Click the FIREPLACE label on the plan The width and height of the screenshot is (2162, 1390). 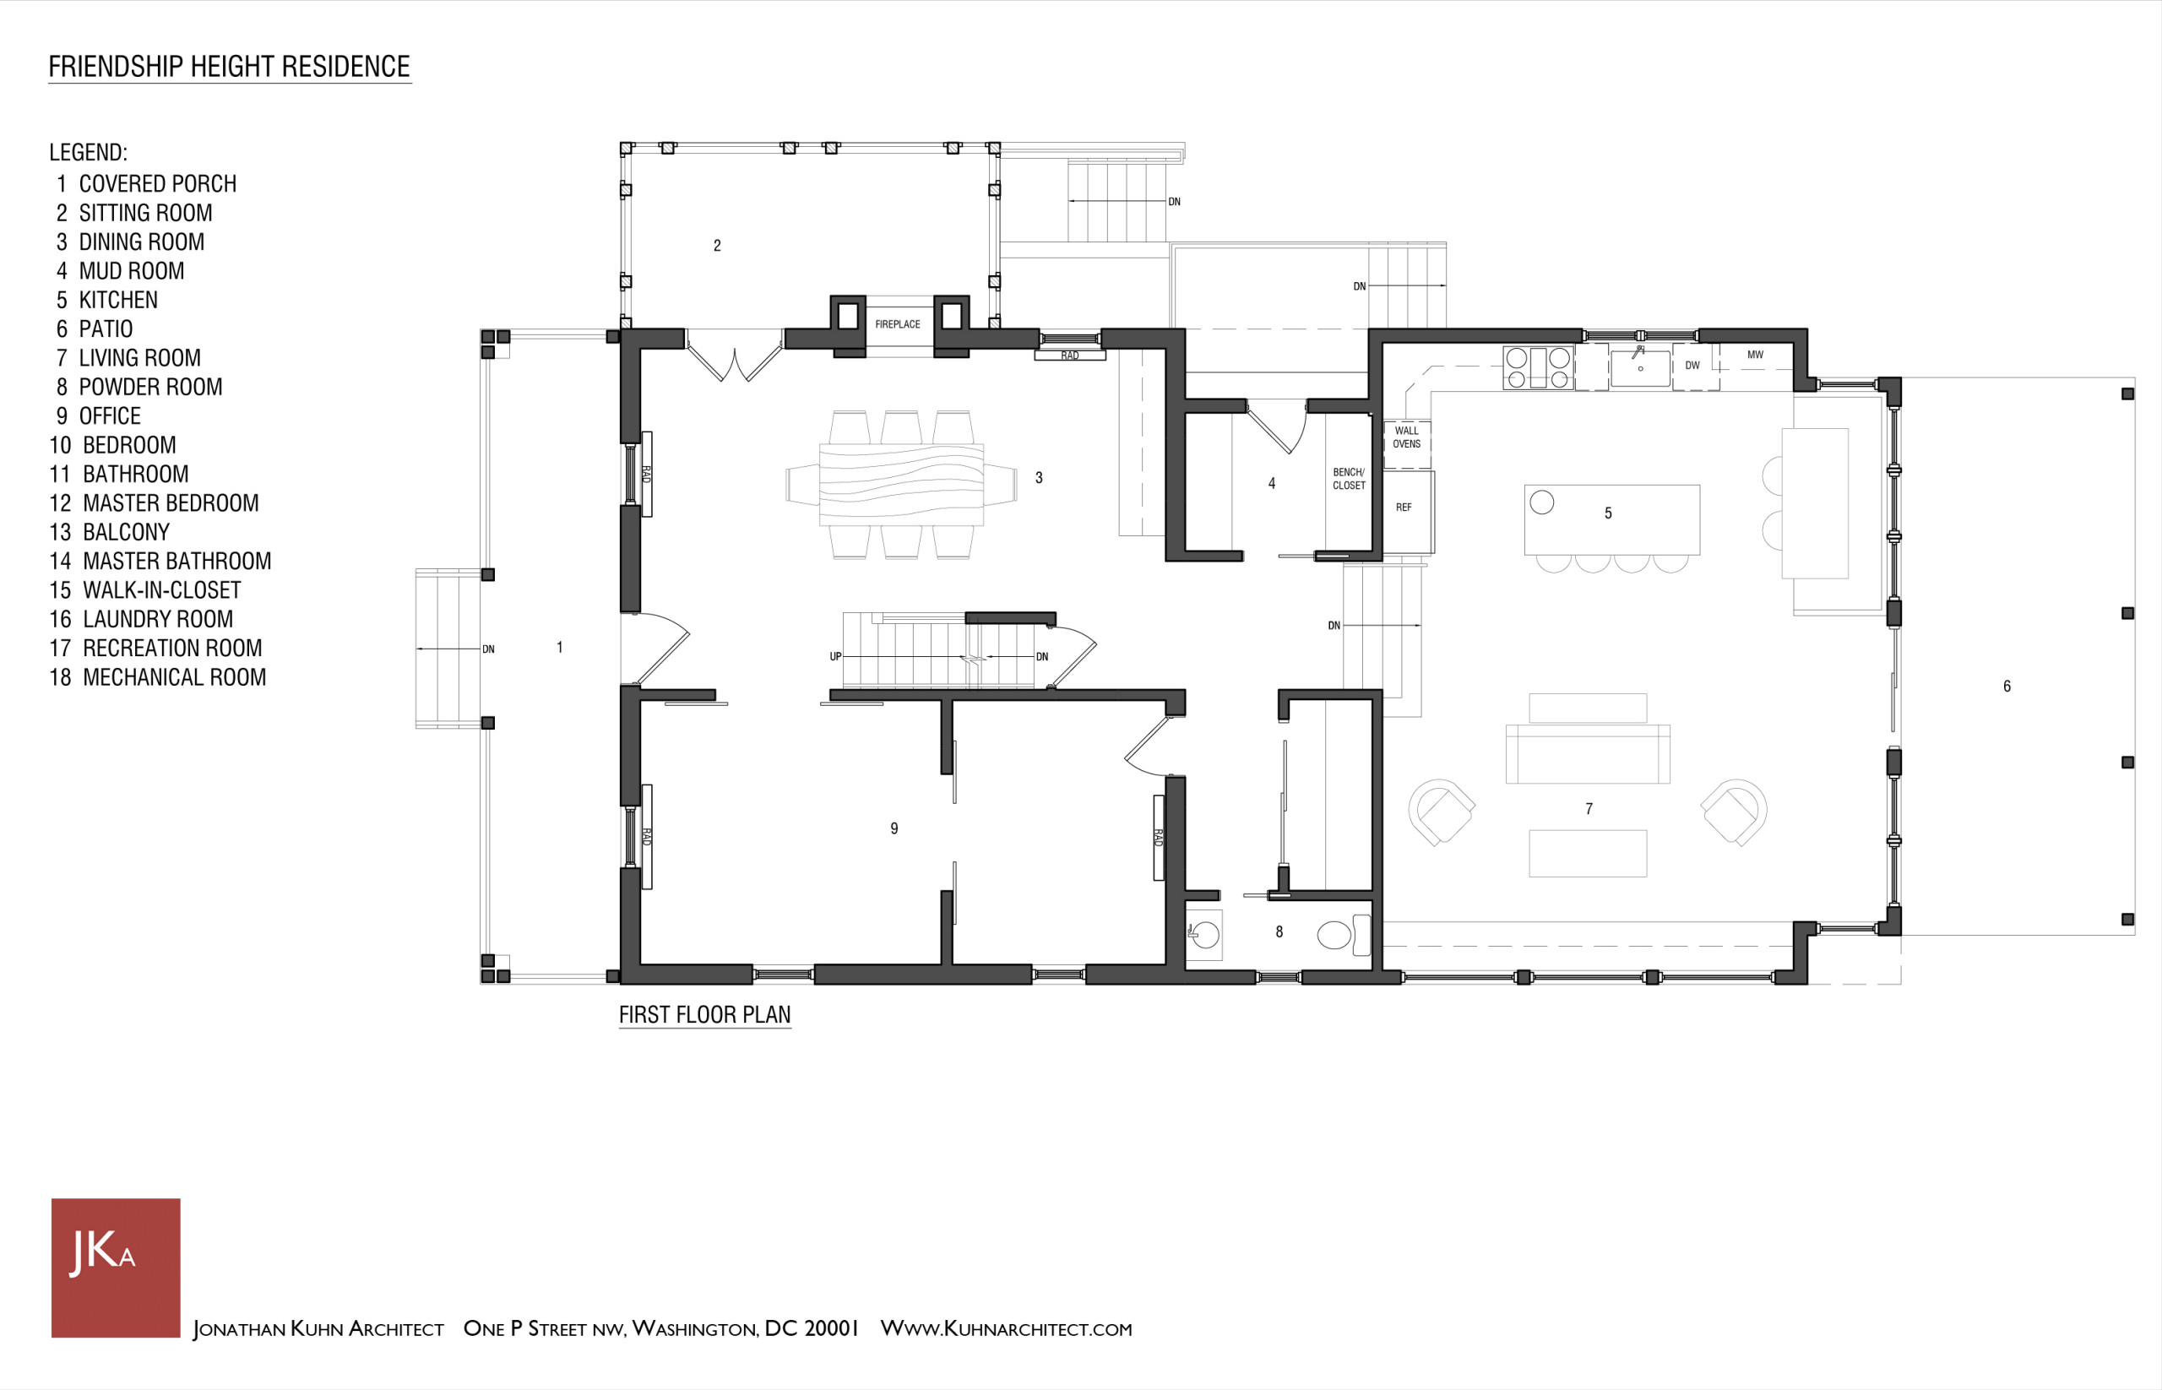[897, 324]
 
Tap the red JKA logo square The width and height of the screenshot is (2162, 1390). [116, 1268]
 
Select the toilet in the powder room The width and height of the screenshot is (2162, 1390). [1344, 935]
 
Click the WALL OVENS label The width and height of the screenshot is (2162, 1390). [1406, 437]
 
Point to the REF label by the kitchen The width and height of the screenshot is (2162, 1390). [1404, 508]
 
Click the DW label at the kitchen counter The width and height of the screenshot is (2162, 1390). [1692, 366]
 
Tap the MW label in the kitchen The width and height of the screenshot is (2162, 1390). [1755, 355]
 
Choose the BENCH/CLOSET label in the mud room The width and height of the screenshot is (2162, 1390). [1349, 478]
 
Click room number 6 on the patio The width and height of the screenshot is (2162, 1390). [2007, 686]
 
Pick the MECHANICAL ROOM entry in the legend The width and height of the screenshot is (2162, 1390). [158, 677]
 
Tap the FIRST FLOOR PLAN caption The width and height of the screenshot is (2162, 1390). [705, 1014]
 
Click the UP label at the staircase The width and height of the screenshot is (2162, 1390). [835, 656]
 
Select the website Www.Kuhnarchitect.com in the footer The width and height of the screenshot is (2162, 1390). [1006, 1328]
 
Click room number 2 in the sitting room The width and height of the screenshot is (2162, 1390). [717, 246]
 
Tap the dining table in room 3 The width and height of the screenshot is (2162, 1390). [901, 485]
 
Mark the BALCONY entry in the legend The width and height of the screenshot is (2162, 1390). [109, 532]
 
